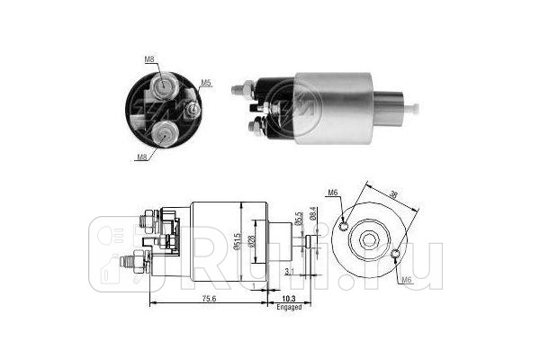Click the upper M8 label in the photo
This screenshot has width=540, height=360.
coord(148,59)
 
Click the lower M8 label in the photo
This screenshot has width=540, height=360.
coord(142,157)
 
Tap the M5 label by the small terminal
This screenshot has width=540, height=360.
coord(205,83)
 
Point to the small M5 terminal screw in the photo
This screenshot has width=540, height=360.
coord(192,110)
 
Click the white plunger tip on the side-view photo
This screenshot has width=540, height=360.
coord(415,109)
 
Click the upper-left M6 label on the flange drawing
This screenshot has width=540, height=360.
coord(333,192)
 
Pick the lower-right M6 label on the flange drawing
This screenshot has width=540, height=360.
coord(407,281)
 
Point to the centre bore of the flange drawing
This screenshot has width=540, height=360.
coord(372,240)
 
